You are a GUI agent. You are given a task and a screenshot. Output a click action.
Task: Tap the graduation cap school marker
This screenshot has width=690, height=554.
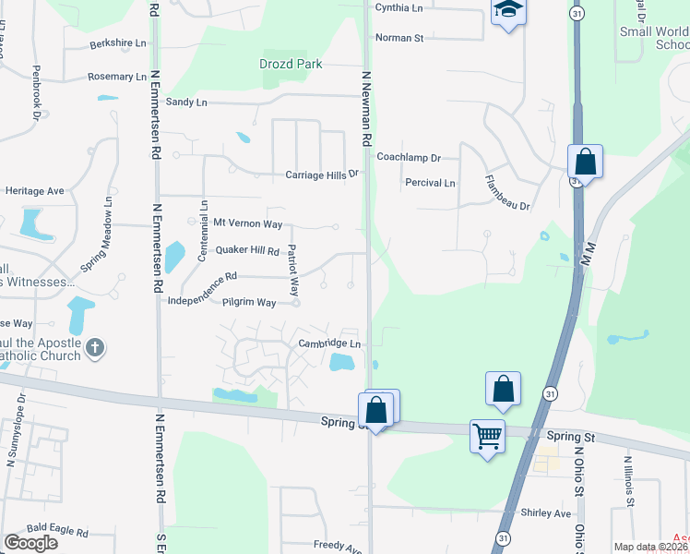pyautogui.click(x=507, y=12)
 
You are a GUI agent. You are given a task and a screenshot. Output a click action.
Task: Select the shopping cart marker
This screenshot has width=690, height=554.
pyautogui.click(x=487, y=434)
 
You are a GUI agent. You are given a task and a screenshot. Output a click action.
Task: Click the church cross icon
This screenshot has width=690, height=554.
pyautogui.click(x=94, y=348)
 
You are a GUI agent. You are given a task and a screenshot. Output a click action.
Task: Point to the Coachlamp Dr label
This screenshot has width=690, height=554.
pyautogui.click(x=409, y=158)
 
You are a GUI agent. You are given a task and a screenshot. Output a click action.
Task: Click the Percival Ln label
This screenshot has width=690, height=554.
pyautogui.click(x=430, y=183)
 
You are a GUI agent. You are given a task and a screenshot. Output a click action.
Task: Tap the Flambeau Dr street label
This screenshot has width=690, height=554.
pyautogui.click(x=508, y=193)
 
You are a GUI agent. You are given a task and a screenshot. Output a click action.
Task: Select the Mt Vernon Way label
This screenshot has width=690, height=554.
pyautogui.click(x=247, y=223)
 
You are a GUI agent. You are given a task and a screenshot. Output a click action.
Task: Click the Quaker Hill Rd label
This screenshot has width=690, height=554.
pyautogui.click(x=247, y=250)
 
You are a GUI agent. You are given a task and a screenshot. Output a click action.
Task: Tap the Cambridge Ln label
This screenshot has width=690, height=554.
pyautogui.click(x=328, y=344)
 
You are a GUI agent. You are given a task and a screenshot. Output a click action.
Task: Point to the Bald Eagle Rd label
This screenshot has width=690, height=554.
pyautogui.click(x=57, y=533)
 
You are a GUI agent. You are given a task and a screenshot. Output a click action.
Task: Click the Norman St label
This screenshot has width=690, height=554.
pyautogui.click(x=399, y=38)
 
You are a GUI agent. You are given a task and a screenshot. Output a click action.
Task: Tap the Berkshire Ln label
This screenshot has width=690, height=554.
pyautogui.click(x=118, y=43)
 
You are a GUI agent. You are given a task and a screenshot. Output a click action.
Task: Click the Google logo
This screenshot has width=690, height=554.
pyautogui.click(x=31, y=542)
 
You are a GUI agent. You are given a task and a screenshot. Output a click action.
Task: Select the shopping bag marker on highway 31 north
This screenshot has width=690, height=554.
pyautogui.click(x=585, y=162)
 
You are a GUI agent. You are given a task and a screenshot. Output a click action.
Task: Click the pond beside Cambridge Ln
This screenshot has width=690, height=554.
pyautogui.click(x=342, y=362)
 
